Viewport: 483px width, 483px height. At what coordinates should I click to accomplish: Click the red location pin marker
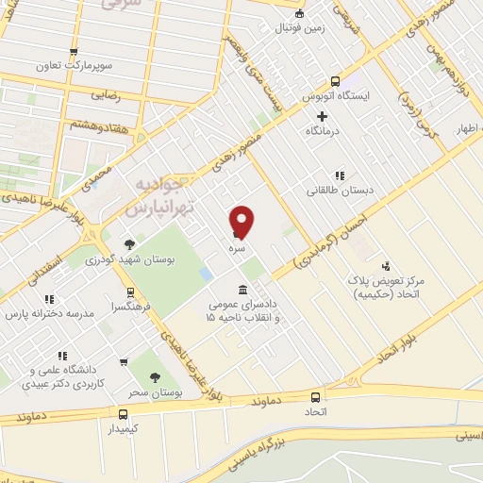click(242, 221)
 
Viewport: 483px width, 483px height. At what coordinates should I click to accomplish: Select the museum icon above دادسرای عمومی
click(243, 289)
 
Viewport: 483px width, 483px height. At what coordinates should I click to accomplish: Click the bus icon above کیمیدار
click(124, 414)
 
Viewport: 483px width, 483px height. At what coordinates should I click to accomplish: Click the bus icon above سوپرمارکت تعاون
click(74, 53)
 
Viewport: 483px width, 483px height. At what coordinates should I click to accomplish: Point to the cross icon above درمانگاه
click(322, 116)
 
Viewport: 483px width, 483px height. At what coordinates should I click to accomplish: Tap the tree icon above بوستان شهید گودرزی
click(129, 244)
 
